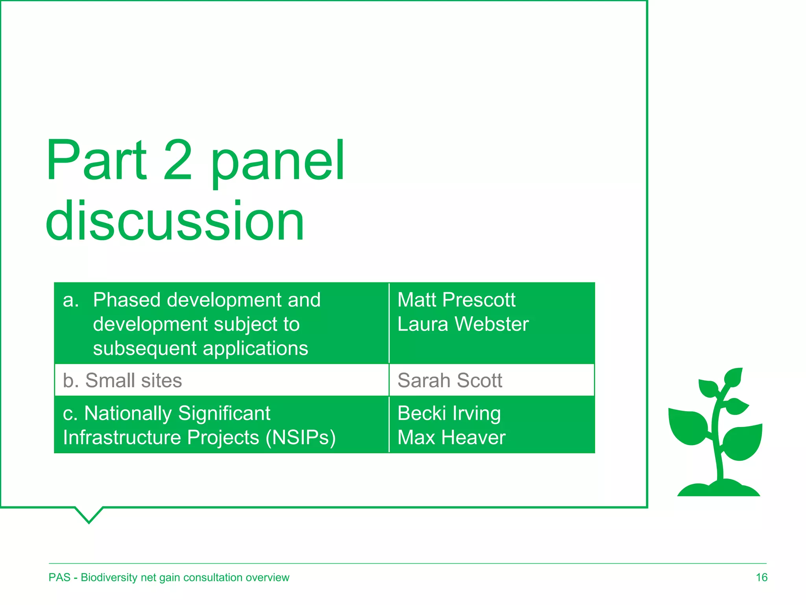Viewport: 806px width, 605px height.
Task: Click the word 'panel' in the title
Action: click(278, 161)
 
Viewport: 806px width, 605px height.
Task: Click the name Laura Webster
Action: click(463, 325)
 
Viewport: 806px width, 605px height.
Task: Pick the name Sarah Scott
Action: click(449, 380)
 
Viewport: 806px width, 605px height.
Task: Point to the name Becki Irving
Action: click(449, 414)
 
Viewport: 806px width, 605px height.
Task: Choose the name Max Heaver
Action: click(451, 438)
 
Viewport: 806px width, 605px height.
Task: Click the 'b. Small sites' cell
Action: click(122, 380)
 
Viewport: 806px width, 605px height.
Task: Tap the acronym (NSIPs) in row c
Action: click(301, 438)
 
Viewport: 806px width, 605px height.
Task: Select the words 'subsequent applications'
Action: click(200, 349)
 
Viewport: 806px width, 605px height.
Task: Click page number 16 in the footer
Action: click(761, 577)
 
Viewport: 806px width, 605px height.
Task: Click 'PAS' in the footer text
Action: click(59, 577)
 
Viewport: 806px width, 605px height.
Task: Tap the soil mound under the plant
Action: click(718, 488)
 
